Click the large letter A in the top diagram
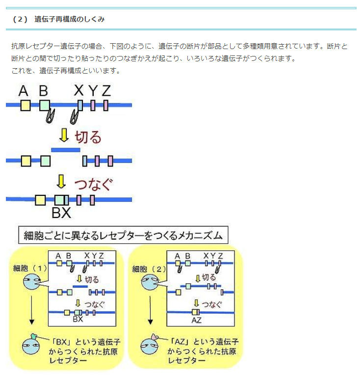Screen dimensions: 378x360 point(23,91)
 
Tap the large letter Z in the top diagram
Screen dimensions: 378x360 point(106,91)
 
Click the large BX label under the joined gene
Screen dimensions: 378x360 point(61,213)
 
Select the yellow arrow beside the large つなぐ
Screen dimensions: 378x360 point(61,182)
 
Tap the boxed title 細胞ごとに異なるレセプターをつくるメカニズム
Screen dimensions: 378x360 point(123,235)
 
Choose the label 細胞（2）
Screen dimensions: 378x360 point(150,269)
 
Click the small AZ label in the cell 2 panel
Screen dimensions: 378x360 point(196,320)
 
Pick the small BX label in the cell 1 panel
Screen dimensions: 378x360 point(77,319)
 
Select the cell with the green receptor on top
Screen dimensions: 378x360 point(32,346)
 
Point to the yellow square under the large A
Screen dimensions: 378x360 point(26,106)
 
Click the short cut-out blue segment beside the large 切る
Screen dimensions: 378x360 point(66,149)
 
